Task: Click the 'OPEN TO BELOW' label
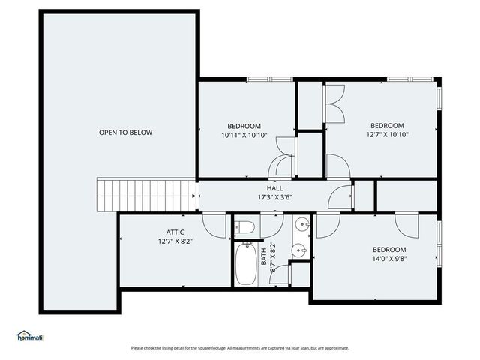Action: pyautogui.click(x=125, y=133)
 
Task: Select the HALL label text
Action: pyautogui.click(x=274, y=188)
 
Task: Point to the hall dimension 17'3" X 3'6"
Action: pyautogui.click(x=274, y=198)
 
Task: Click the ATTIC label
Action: pyautogui.click(x=175, y=232)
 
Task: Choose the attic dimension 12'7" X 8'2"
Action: pyautogui.click(x=175, y=241)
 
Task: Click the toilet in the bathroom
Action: pyautogui.click(x=245, y=227)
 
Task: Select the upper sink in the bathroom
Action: pyautogui.click(x=300, y=225)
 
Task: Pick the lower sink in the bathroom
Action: pyautogui.click(x=300, y=250)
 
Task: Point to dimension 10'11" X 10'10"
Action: pyautogui.click(x=244, y=136)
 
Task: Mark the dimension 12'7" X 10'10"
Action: pyautogui.click(x=387, y=136)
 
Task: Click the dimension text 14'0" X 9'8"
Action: pyautogui.click(x=389, y=259)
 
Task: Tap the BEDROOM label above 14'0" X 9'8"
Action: pyautogui.click(x=389, y=250)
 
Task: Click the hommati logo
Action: pyautogui.click(x=30, y=335)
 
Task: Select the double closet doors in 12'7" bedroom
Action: pyautogui.click(x=334, y=103)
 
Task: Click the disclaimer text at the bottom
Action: pyautogui.click(x=240, y=348)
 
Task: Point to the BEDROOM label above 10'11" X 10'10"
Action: pyautogui.click(x=244, y=125)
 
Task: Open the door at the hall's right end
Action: pyautogui.click(x=342, y=196)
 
